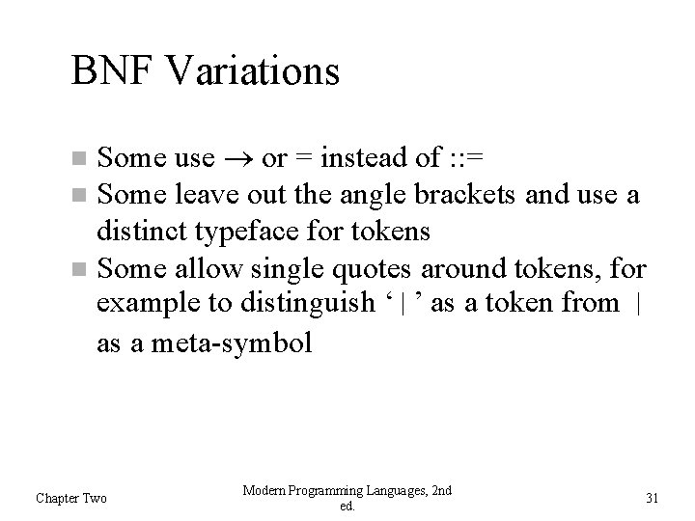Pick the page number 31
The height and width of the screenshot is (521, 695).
click(651, 498)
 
